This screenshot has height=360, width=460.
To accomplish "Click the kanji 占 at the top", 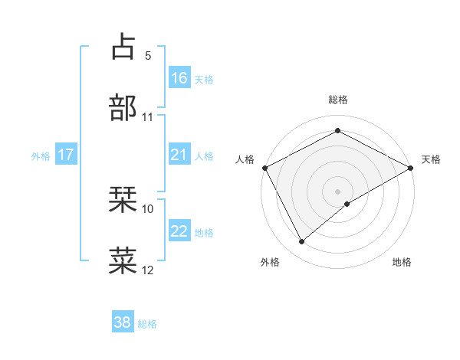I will pyautogui.click(x=123, y=47).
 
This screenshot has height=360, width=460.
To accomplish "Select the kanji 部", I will pyautogui.click(x=123, y=108).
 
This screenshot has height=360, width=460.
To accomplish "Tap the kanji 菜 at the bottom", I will pyautogui.click(x=123, y=260).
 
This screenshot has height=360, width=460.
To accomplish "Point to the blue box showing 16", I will pyautogui.click(x=179, y=77).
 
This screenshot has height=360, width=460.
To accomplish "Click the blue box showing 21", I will pyautogui.click(x=179, y=155).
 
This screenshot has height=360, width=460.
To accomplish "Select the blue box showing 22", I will pyautogui.click(x=179, y=231).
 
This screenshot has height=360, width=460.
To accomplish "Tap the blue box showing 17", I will pyautogui.click(x=66, y=155).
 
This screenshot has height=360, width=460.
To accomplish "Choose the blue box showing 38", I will pyautogui.click(x=123, y=322).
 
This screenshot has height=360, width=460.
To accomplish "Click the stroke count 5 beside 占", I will pyautogui.click(x=148, y=56).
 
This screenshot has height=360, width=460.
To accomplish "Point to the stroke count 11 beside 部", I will pyautogui.click(x=148, y=117).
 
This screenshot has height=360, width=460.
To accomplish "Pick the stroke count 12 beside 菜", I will pyautogui.click(x=148, y=270).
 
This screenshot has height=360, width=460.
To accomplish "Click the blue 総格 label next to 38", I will pyautogui.click(x=147, y=324).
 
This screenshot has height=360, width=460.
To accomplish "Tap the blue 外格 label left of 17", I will pyautogui.click(x=41, y=155).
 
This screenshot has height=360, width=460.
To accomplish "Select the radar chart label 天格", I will pyautogui.click(x=432, y=159).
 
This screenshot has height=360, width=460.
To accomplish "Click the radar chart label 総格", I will pyautogui.click(x=338, y=100).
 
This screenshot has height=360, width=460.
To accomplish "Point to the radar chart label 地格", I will pyautogui.click(x=402, y=263).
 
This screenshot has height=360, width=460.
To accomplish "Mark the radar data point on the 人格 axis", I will pyautogui.click(x=264, y=167).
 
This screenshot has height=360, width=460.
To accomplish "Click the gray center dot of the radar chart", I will pyautogui.click(x=338, y=191).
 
